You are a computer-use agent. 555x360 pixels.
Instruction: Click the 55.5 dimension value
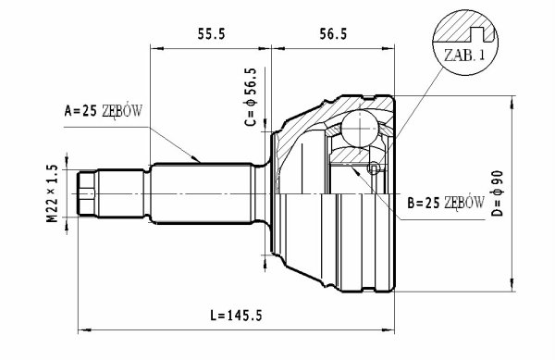coord(211,34)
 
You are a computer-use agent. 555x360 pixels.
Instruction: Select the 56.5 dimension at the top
coord(333,34)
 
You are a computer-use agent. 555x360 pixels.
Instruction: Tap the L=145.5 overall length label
coord(237,315)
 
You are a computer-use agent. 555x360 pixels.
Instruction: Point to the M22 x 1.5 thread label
coord(52,193)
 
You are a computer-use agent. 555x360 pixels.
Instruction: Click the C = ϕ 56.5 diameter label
coord(251,96)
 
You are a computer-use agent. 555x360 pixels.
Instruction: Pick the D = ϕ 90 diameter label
coord(498,193)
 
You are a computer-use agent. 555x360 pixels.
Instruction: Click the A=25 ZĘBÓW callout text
coord(104,111)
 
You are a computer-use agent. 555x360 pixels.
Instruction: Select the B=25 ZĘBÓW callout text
coord(446,203)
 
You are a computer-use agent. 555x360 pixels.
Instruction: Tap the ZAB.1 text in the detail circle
coord(464,55)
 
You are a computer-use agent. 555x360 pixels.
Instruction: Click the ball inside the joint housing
coord(360,129)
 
